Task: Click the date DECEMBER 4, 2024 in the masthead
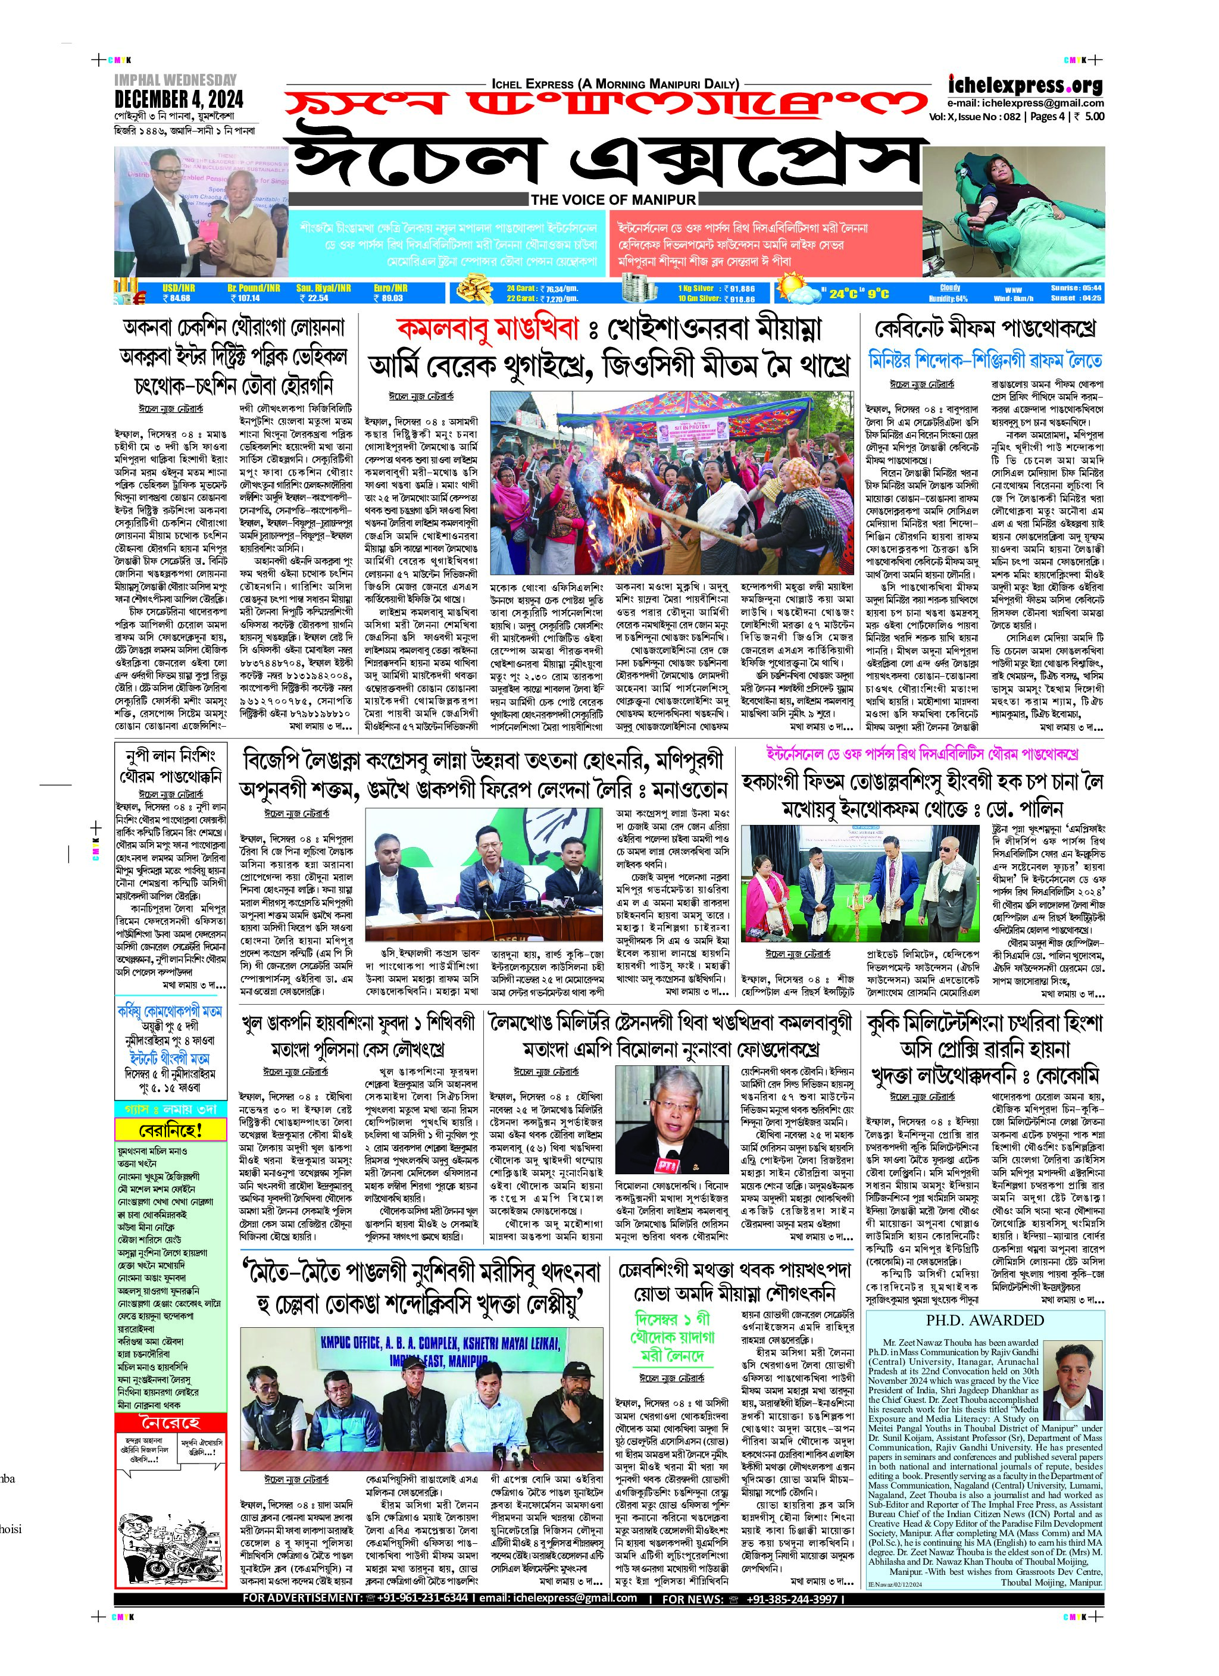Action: tap(179, 99)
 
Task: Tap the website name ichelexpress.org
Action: tap(1026, 85)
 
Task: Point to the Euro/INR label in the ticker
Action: tap(390, 287)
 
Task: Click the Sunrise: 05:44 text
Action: tap(1076, 287)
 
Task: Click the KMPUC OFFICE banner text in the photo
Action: tap(440, 1343)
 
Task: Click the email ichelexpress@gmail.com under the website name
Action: tap(1026, 104)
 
